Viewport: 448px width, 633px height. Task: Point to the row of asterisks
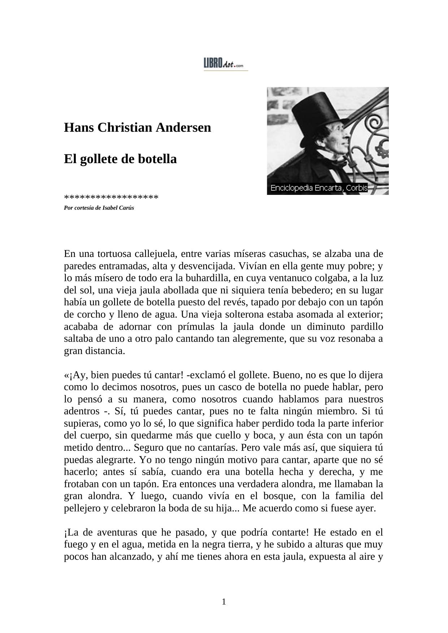point(111,198)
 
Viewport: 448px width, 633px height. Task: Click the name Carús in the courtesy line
point(127,208)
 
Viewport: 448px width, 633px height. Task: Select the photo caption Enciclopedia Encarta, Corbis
point(319,188)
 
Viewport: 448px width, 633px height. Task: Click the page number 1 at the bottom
point(224,602)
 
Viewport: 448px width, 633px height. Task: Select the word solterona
point(266,314)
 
